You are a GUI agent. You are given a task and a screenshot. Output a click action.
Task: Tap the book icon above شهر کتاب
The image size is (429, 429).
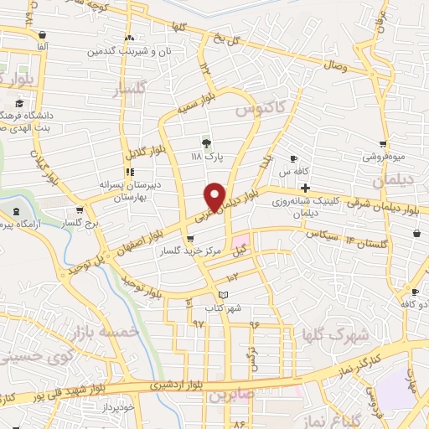tap(222, 294)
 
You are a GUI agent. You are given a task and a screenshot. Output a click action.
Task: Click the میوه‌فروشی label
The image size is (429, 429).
tap(385, 157)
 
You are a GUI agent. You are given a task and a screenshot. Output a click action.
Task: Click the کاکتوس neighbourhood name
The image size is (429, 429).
tap(260, 108)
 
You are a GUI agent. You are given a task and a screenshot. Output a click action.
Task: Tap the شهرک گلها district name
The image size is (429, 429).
tap(335, 335)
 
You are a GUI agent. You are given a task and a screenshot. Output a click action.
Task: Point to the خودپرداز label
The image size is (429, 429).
tap(116, 406)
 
